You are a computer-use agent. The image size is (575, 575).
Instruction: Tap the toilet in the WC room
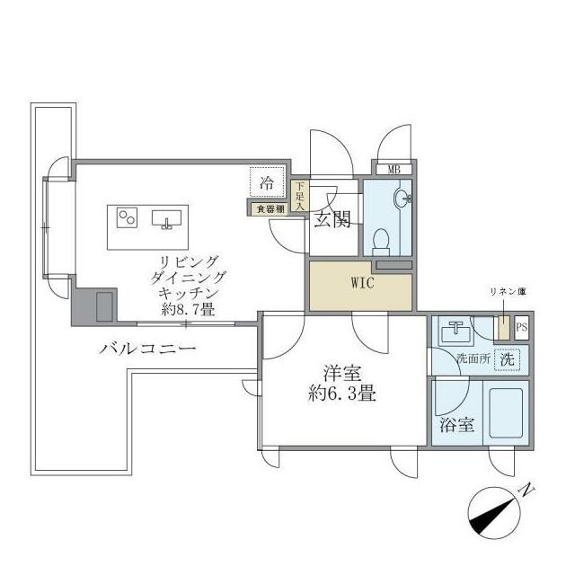(381, 240)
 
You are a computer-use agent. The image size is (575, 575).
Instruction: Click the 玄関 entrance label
(332, 221)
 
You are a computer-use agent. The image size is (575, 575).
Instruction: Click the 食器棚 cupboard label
(268, 209)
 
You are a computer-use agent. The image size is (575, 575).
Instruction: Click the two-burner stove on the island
(127, 217)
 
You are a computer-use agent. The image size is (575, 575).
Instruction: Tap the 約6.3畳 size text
(342, 393)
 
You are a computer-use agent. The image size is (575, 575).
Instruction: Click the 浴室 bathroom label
(457, 425)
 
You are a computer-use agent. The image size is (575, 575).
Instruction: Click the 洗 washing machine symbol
(508, 358)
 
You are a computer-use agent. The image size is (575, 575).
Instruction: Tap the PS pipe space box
(522, 329)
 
